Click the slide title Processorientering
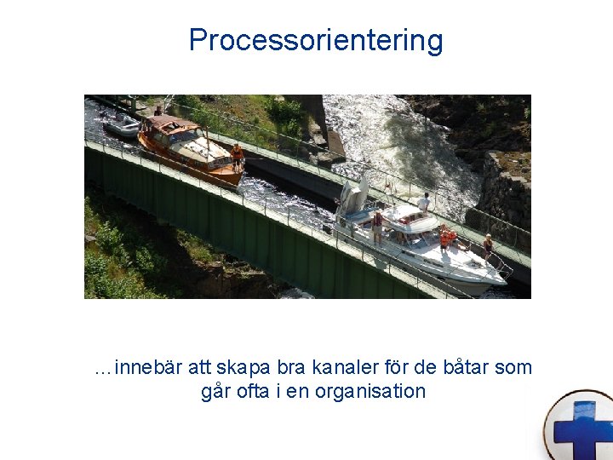(x=316, y=40)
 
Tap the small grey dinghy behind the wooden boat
(x=121, y=126)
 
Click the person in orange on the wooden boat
(x=237, y=156)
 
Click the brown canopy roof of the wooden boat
(x=173, y=123)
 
